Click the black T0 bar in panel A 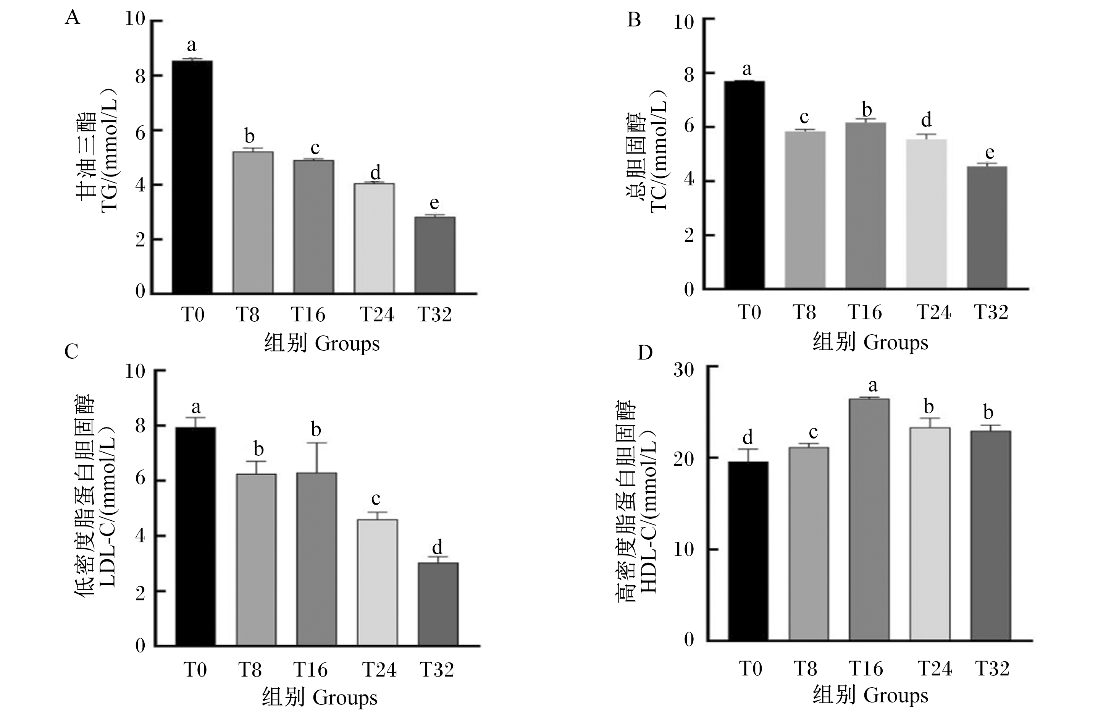click(x=192, y=177)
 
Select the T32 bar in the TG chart click(x=435, y=255)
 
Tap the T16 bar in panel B click(x=866, y=206)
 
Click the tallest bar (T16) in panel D click(x=869, y=520)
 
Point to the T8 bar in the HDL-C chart click(x=809, y=544)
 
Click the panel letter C click(x=71, y=351)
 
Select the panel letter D click(x=645, y=353)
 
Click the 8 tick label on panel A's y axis click(x=140, y=76)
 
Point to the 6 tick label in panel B click(x=688, y=127)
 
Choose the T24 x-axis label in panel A click(x=377, y=315)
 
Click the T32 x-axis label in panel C click(x=437, y=670)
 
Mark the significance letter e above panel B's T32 click(x=990, y=153)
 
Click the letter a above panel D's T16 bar click(x=872, y=386)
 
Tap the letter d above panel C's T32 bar click(x=437, y=547)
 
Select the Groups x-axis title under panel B click(x=896, y=343)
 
